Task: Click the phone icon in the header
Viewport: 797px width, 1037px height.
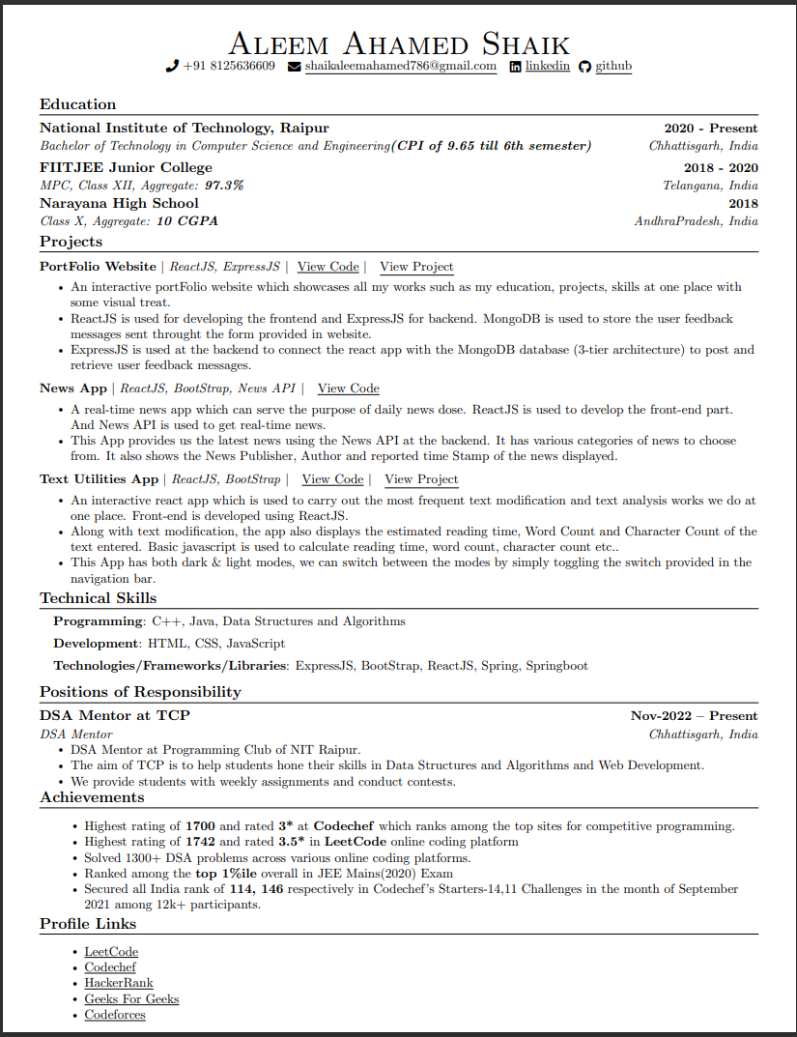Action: click(x=173, y=67)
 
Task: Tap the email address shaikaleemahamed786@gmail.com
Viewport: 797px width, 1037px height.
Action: click(x=400, y=67)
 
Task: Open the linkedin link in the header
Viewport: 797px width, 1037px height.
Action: click(x=547, y=67)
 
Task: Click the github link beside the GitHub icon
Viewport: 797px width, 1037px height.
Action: click(x=613, y=67)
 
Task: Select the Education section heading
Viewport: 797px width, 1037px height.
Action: click(x=77, y=104)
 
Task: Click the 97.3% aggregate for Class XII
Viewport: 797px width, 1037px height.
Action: click(x=224, y=185)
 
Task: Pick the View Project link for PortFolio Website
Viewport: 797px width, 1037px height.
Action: click(x=416, y=267)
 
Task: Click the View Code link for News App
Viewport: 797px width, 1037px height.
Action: click(x=348, y=389)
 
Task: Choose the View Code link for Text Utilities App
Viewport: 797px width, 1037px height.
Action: click(x=332, y=479)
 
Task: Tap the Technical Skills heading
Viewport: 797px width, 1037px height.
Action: click(x=98, y=599)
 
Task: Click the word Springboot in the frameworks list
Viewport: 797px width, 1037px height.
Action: click(x=557, y=666)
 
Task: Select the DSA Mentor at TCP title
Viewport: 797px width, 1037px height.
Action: click(x=115, y=716)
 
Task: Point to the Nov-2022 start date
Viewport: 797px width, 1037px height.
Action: click(x=661, y=716)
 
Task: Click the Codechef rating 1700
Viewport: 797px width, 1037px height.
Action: click(x=200, y=826)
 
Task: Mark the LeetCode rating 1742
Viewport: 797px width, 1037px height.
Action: click(x=200, y=842)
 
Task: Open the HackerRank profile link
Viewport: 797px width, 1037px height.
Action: click(x=119, y=983)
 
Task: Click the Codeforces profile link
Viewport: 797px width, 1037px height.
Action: click(x=115, y=1015)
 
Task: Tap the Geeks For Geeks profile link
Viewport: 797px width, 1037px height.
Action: click(x=131, y=999)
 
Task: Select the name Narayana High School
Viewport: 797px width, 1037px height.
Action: click(x=119, y=204)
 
